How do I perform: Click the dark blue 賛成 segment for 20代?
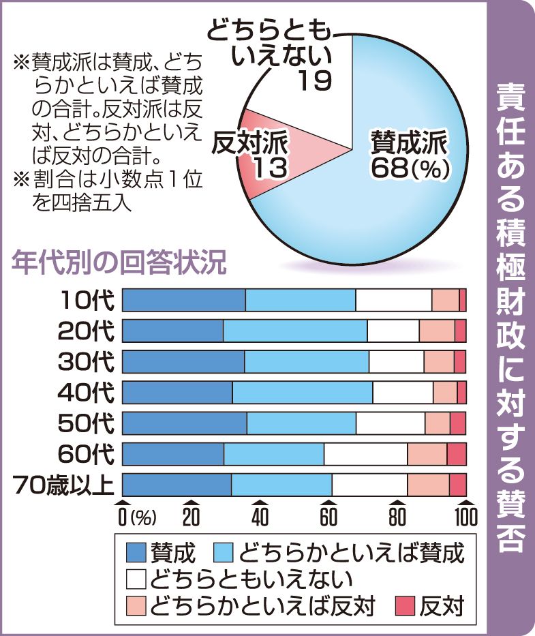[172, 331]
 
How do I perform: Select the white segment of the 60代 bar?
[365, 454]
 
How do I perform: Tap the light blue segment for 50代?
[301, 423]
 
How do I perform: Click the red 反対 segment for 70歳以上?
[457, 485]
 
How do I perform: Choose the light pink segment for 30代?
[439, 362]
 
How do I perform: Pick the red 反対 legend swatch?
[406, 605]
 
